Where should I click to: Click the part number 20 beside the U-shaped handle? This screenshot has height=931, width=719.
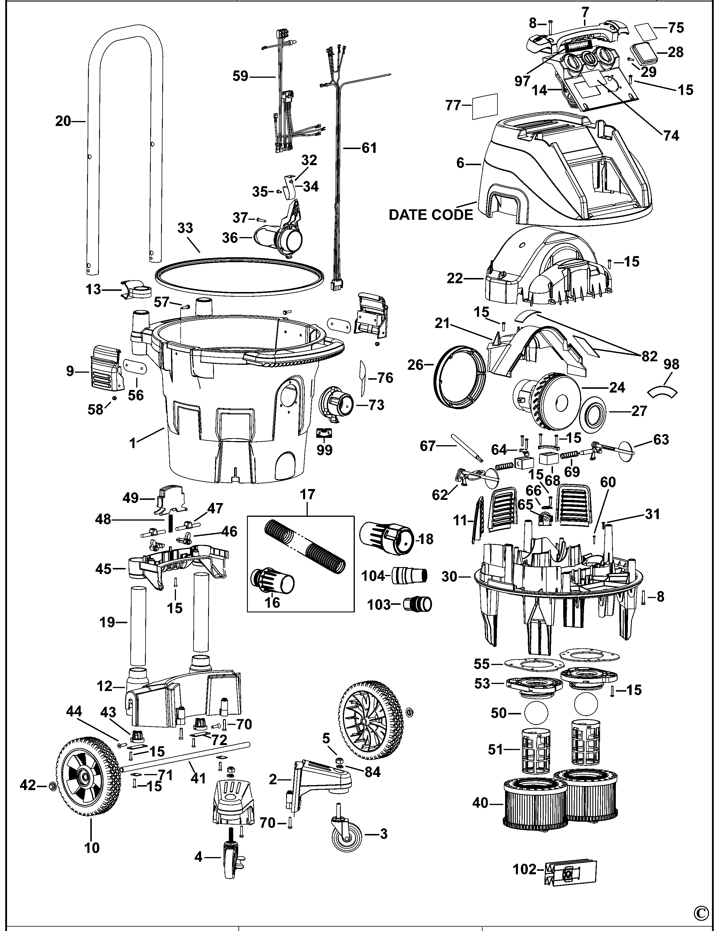(63, 122)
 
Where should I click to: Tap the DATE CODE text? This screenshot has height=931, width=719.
(431, 215)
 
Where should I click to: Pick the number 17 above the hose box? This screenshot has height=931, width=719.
(307, 495)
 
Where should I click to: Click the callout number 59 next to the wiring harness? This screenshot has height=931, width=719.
(240, 76)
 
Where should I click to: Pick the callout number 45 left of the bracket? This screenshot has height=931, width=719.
(103, 569)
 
